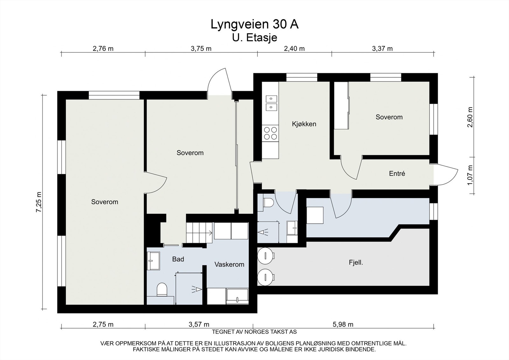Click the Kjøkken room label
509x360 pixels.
[304, 124]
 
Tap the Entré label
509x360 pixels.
[397, 174]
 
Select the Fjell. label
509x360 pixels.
[356, 263]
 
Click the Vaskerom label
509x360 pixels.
[229, 265]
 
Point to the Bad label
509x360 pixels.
[178, 259]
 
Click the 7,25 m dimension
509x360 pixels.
[39, 202]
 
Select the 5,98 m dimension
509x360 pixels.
[343, 325]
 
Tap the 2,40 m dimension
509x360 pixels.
[294, 49]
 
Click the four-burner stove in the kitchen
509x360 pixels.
[270, 133]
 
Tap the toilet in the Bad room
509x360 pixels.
[162, 290]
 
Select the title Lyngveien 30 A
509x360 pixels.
[254, 24]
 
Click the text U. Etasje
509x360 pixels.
[254, 38]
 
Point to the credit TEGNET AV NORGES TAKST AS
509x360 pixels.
[254, 332]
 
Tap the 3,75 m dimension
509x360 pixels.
[201, 49]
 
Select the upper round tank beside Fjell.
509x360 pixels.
[265, 256]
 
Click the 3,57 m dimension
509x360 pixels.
[199, 325]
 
